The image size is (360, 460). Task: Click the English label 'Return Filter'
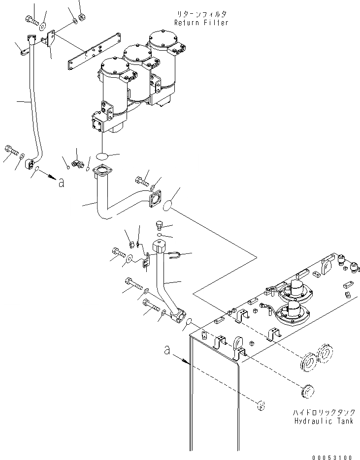(201, 23)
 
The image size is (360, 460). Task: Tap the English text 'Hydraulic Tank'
(324, 421)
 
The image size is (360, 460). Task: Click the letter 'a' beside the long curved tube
(61, 183)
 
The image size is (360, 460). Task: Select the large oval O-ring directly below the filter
(102, 155)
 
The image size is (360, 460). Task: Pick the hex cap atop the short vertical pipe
(160, 245)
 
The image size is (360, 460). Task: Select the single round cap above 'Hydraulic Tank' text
(308, 392)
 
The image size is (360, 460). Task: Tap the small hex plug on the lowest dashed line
(262, 405)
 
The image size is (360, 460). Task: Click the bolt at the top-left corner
(30, 20)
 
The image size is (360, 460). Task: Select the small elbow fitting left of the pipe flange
(76, 163)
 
